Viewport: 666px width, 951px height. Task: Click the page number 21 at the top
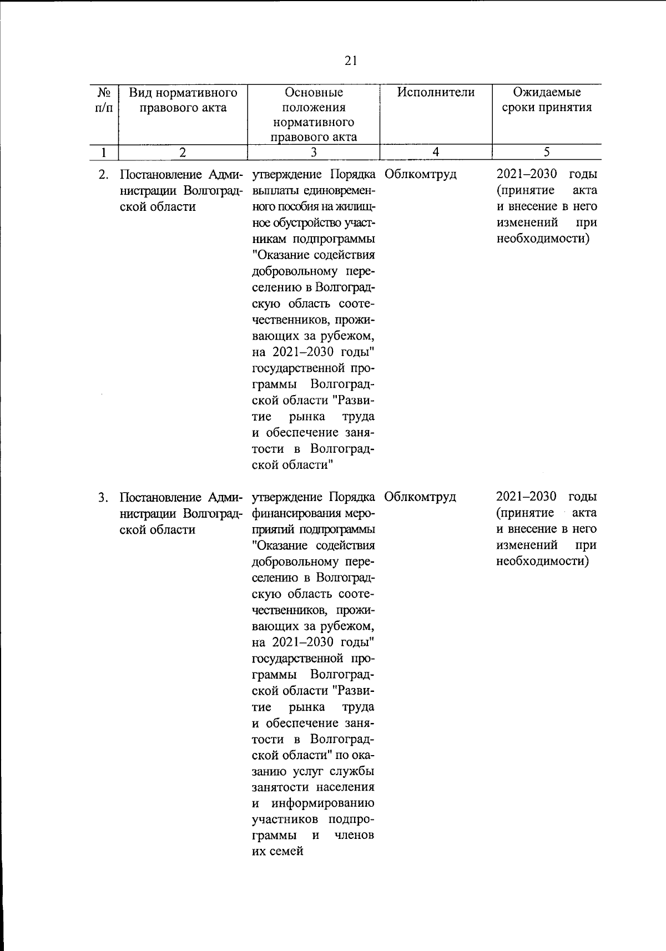[351, 61]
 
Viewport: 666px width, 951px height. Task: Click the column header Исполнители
[436, 92]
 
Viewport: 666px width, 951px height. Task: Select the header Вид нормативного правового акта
[183, 100]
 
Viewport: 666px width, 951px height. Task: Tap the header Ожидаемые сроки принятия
[547, 100]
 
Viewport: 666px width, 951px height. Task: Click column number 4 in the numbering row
[436, 151]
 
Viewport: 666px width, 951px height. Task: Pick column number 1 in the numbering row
[104, 151]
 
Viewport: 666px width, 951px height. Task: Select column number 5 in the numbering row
[547, 151]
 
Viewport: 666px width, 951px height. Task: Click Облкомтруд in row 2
[420, 175]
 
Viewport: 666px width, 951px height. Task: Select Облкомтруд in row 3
[420, 497]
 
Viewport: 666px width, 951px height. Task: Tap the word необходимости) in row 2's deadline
[542, 239]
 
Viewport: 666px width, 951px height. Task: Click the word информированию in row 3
[322, 803]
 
